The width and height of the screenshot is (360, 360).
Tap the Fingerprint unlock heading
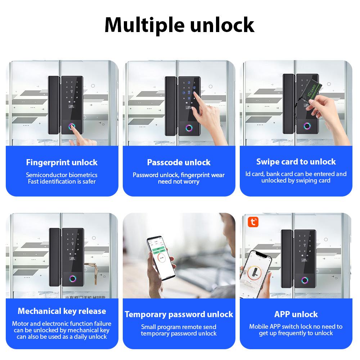(x=62, y=162)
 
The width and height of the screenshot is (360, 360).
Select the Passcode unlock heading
(x=179, y=162)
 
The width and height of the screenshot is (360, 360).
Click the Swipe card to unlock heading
(x=296, y=162)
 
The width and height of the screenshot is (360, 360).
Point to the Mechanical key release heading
(x=62, y=311)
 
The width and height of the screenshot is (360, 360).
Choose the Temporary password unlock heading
(x=179, y=314)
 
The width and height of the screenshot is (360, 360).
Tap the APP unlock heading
(x=296, y=314)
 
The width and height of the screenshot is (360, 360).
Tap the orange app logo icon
(x=254, y=222)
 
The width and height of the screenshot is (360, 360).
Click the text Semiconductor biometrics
(x=62, y=175)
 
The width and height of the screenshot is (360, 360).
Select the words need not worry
(x=179, y=181)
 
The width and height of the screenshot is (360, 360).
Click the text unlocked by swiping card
(x=296, y=180)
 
